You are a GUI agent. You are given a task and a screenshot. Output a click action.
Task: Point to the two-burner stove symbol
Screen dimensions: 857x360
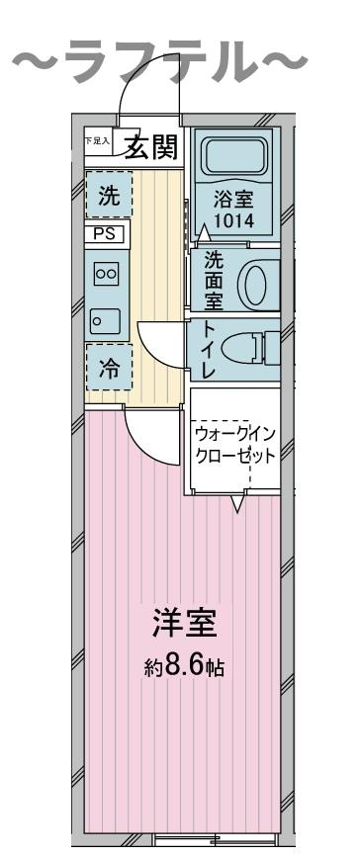106,274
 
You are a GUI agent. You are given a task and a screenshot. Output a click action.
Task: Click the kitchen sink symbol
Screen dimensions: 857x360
105,320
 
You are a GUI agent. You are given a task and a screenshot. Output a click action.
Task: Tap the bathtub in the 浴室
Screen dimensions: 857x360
236,155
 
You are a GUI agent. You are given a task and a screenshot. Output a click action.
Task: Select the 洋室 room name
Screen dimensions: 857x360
184,623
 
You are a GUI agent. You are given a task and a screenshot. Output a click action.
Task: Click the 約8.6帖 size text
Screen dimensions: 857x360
183,667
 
